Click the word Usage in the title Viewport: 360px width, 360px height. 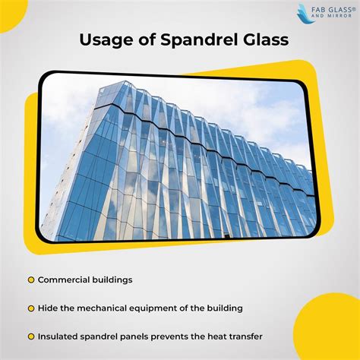(106, 41)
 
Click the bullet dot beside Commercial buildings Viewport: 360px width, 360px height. (31, 280)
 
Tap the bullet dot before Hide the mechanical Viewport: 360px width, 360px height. (31, 308)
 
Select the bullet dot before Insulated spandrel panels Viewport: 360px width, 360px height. (31, 337)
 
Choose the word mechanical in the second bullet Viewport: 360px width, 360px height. (102, 308)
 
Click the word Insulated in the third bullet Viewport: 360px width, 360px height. (58, 336)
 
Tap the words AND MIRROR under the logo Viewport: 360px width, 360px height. (331, 16)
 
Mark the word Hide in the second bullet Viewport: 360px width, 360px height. (48, 308)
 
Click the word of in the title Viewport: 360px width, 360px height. (147, 39)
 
